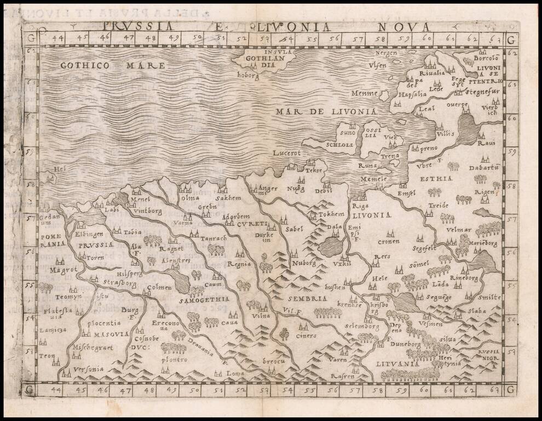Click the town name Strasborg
(x=118, y=283)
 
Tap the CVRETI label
(x=252, y=224)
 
